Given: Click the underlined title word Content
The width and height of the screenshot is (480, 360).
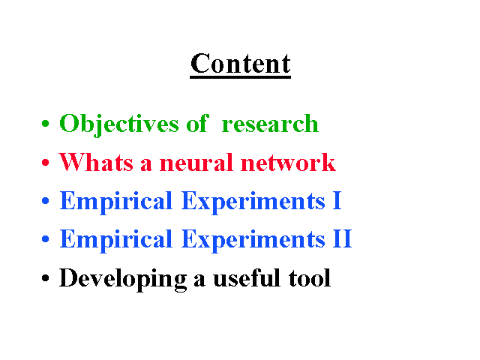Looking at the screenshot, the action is [x=240, y=64].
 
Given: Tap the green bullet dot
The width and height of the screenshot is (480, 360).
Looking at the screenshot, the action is [x=45, y=124].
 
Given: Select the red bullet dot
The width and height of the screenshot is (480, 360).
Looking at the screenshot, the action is [x=45, y=162].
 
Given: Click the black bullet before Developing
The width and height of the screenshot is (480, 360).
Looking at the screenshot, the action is [x=45, y=278].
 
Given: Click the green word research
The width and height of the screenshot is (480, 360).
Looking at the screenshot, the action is [x=270, y=124].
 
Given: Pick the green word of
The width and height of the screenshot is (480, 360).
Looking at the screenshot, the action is [x=198, y=123].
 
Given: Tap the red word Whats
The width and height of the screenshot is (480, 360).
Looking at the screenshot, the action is [x=96, y=162].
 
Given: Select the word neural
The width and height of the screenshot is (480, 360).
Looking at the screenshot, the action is [x=196, y=162].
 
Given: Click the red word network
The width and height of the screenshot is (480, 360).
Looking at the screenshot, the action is [x=288, y=162].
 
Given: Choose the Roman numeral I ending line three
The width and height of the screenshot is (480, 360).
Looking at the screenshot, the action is [x=337, y=200].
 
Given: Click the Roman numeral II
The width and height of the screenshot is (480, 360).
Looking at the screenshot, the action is [x=342, y=238].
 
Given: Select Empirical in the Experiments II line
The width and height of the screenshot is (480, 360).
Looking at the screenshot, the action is [x=116, y=241].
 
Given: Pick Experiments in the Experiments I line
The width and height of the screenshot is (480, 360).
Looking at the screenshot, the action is [x=253, y=202].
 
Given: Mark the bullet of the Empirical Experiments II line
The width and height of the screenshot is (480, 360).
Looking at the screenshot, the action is [x=45, y=238].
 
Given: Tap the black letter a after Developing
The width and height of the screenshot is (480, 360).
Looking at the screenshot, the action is [x=199, y=280].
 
